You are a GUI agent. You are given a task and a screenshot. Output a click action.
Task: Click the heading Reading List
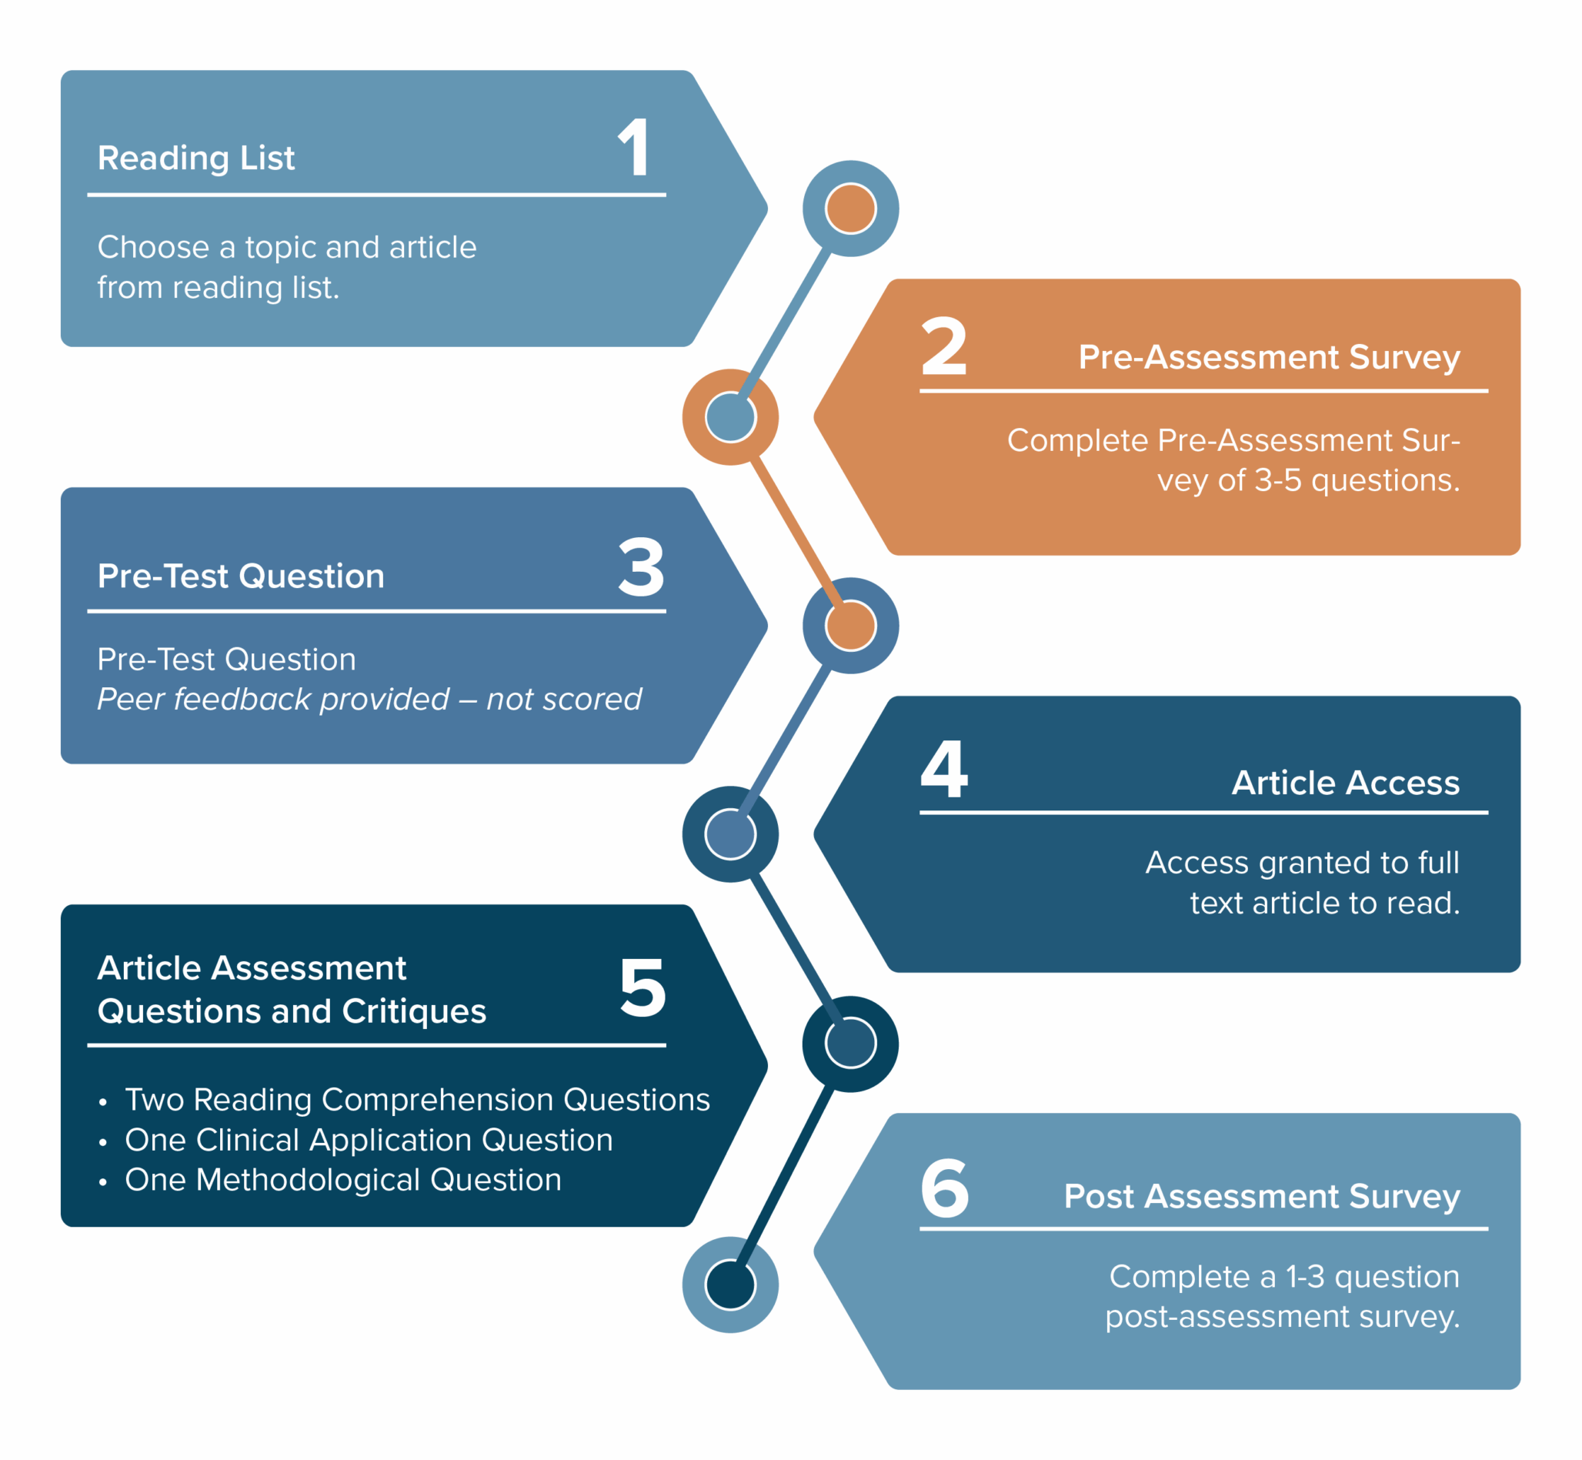point(196,158)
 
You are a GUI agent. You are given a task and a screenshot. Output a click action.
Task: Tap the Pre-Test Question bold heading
point(241,576)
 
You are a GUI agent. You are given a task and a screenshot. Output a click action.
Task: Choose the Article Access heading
point(1345,782)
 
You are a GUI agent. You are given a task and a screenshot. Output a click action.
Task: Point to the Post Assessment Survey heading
point(1261,1196)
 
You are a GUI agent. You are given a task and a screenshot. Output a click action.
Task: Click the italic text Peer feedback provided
point(272,699)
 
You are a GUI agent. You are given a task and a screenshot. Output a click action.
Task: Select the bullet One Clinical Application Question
point(368,1140)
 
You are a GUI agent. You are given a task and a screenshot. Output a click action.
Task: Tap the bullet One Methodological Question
point(342,1180)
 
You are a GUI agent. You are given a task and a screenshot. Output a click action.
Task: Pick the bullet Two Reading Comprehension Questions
point(417,1100)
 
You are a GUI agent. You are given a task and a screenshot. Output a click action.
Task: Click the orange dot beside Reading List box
point(850,209)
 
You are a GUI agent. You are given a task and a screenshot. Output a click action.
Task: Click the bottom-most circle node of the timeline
point(730,1285)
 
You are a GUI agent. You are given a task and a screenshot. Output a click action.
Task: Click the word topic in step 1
point(280,247)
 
